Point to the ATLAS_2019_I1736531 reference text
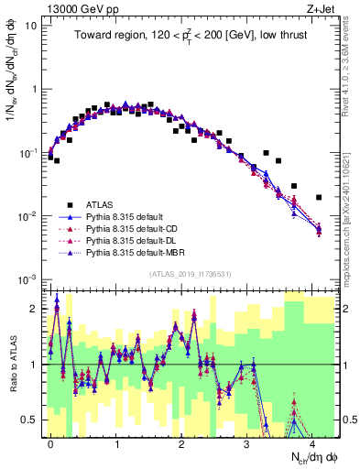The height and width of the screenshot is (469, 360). coord(190,273)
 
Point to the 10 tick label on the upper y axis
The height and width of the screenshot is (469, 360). coord(30,26)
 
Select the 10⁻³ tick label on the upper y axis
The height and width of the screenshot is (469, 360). coord(27,278)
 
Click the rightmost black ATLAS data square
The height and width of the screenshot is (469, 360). coord(319,197)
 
